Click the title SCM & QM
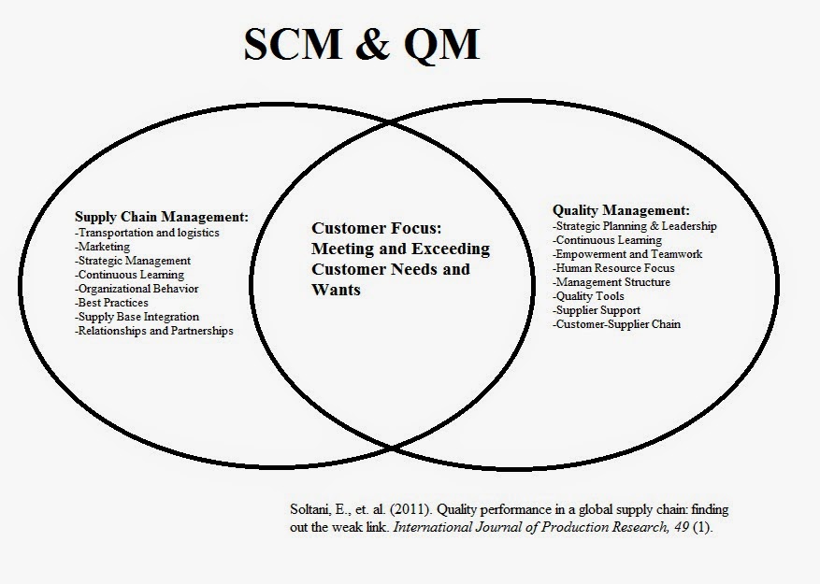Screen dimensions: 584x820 click(x=361, y=45)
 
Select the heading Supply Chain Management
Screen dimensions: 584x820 click(x=162, y=217)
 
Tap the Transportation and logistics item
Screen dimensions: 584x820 click(x=147, y=232)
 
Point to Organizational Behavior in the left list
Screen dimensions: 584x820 click(x=137, y=289)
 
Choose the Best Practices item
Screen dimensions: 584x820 click(x=114, y=303)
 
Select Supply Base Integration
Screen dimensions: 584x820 click(x=137, y=317)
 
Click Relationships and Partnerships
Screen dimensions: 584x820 click(x=154, y=331)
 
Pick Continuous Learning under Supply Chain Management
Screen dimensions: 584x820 click(x=130, y=275)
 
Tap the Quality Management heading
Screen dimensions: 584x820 click(x=621, y=210)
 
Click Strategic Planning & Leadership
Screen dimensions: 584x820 click(x=635, y=226)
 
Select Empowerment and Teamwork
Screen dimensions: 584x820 click(x=626, y=253)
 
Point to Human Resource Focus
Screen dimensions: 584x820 click(x=613, y=268)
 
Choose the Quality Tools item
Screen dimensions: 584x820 click(x=591, y=296)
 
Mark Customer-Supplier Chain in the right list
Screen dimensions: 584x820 click(x=617, y=324)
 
